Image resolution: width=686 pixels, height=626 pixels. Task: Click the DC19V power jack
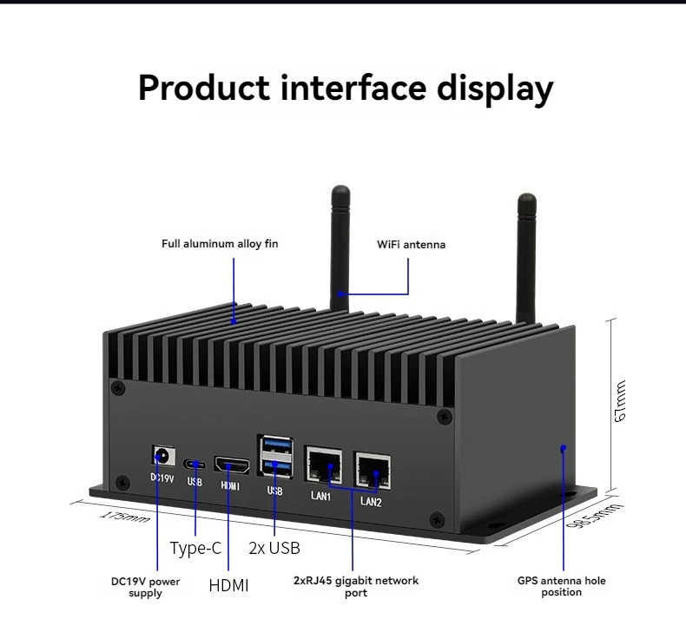[161, 455]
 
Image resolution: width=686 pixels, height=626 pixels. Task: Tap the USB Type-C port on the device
[195, 463]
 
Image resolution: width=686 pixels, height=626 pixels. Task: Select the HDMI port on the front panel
[232, 465]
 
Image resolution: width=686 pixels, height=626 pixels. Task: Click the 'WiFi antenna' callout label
[411, 245]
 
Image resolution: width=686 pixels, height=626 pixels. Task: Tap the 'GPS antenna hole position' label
[561, 586]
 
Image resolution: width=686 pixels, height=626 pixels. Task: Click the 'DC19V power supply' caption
[145, 587]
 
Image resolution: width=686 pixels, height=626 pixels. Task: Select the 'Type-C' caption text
[195, 548]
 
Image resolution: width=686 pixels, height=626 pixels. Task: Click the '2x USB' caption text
[274, 548]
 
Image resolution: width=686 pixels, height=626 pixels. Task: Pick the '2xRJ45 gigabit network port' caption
[355, 586]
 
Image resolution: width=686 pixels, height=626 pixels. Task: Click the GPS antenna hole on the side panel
[564, 448]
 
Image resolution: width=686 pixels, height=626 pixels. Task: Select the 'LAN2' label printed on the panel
[372, 501]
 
